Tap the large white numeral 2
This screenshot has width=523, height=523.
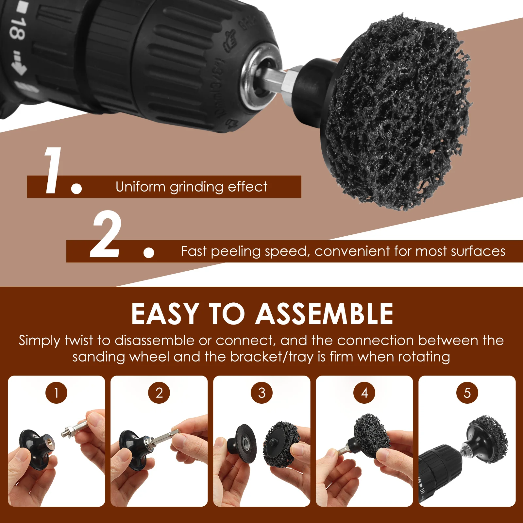[x=106, y=234]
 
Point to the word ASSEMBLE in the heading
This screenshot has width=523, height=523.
[x=324, y=314]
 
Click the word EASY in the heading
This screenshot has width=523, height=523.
[x=165, y=314]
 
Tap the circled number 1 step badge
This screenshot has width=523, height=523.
[x=56, y=393]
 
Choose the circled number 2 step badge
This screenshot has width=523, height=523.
[x=159, y=393]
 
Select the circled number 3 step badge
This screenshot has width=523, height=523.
[x=261, y=393]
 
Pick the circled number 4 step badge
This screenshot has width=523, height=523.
[x=364, y=393]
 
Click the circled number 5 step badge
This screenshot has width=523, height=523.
[x=467, y=393]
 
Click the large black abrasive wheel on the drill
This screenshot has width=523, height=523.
[x=397, y=113]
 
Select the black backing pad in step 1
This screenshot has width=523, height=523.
[x=37, y=448]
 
